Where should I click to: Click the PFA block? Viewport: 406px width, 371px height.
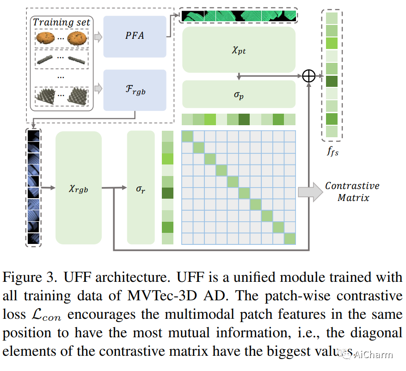point(135,36)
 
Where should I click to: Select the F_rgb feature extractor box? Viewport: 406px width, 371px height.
point(135,90)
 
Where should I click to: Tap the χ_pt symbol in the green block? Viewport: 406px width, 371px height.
point(239,50)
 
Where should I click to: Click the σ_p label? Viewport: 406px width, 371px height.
point(239,95)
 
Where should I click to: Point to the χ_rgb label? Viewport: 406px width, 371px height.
point(78,188)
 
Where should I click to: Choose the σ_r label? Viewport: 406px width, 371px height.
point(141,188)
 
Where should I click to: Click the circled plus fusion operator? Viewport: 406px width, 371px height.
point(308,76)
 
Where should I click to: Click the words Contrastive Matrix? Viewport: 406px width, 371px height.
point(352,192)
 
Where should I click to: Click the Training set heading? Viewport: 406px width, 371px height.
point(61,22)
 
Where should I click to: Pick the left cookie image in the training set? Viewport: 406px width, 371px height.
point(45,37)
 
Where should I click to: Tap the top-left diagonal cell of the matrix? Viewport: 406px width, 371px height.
point(187,136)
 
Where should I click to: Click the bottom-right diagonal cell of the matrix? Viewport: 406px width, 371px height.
point(289,238)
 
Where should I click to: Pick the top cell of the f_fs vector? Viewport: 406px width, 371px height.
point(332,18)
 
